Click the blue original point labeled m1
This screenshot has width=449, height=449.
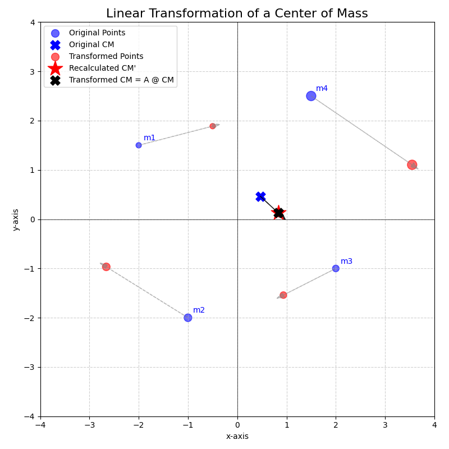[139, 145]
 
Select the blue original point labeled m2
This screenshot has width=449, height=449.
[188, 318]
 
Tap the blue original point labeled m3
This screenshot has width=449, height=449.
[336, 268]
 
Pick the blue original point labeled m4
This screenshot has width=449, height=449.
[311, 96]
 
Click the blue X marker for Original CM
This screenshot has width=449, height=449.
[260, 196]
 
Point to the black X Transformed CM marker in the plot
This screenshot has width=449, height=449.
[278, 213]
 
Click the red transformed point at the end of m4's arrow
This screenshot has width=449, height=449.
[412, 165]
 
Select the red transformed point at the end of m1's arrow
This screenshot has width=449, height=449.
[213, 126]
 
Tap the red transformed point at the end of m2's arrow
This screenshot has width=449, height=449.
[106, 267]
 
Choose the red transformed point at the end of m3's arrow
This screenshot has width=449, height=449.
[283, 295]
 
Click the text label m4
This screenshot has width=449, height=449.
[322, 89]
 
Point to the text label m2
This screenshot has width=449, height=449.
[199, 310]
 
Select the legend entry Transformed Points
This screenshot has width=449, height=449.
[106, 56]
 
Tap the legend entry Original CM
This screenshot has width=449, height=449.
[91, 44]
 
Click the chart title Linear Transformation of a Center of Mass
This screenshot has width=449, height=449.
[237, 13]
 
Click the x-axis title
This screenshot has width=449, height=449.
[237, 436]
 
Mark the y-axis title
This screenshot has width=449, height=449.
[16, 219]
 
